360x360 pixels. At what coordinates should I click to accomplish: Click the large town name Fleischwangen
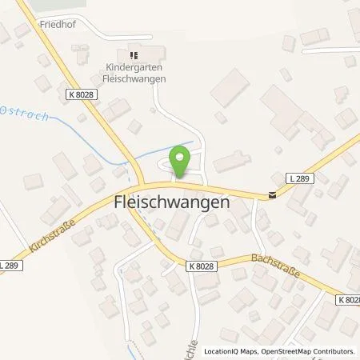[169, 204]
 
